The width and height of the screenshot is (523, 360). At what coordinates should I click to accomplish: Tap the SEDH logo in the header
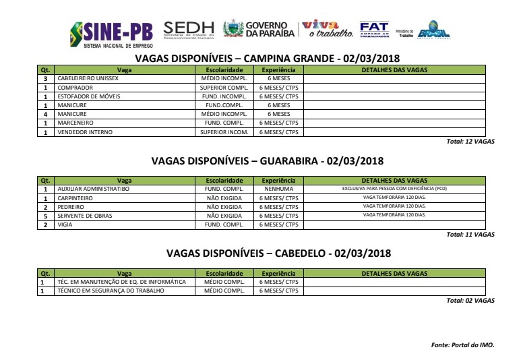(x=189, y=29)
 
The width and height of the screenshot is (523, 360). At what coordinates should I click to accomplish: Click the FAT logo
(x=374, y=29)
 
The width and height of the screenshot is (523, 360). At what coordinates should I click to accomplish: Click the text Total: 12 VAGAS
(x=470, y=142)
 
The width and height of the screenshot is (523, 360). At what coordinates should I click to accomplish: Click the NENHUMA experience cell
(x=278, y=189)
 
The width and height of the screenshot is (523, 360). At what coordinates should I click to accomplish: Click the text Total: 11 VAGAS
(x=470, y=235)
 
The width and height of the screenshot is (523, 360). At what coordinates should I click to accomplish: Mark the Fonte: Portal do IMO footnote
(x=462, y=344)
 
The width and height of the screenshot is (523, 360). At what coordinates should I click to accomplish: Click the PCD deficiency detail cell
(x=394, y=189)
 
